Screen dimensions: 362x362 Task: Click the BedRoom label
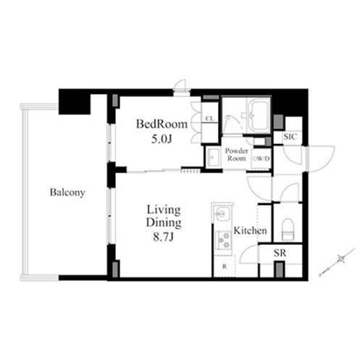(161, 124)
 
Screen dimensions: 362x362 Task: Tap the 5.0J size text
(161, 139)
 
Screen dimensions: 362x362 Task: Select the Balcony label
(67, 193)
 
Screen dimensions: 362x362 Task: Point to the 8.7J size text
(164, 237)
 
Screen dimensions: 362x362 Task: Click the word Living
(164, 210)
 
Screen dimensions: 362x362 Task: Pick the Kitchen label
(251, 230)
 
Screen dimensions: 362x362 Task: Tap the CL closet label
(209, 119)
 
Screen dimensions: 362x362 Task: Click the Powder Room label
(237, 155)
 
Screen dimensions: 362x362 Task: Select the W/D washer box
(261, 159)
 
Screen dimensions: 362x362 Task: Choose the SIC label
(290, 137)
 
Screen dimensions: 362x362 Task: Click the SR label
(280, 253)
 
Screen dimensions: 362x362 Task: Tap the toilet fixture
(288, 230)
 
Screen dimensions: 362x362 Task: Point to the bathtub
(258, 115)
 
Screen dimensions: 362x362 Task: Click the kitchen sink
(221, 213)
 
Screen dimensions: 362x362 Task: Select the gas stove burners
(224, 240)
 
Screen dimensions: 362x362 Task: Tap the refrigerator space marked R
(224, 266)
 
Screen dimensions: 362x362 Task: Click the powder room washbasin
(213, 157)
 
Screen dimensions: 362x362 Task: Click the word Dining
(164, 223)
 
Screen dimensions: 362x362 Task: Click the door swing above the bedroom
(181, 85)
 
